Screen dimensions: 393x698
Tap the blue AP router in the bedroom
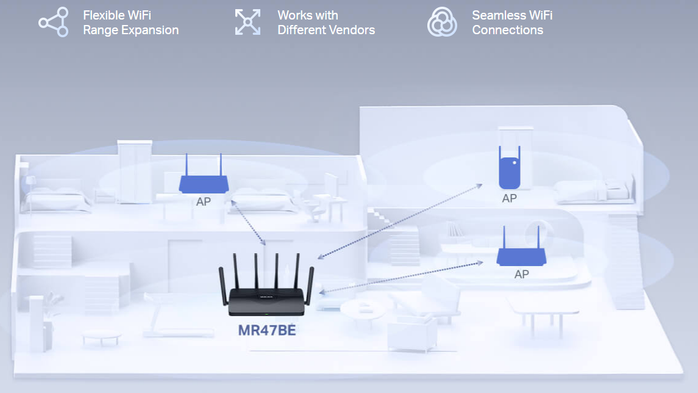point(203,182)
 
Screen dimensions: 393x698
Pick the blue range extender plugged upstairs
point(511,171)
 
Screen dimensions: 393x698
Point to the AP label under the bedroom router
point(203,202)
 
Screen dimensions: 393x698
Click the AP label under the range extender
point(509,198)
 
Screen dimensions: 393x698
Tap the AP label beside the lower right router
point(521,275)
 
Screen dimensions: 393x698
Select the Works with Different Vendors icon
point(248,23)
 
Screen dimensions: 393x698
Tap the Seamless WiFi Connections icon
point(442,23)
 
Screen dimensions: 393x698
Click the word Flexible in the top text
point(104,15)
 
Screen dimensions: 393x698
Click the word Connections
point(507,30)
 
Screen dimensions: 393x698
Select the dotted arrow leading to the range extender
point(399,221)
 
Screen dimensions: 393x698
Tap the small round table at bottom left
point(101,335)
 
